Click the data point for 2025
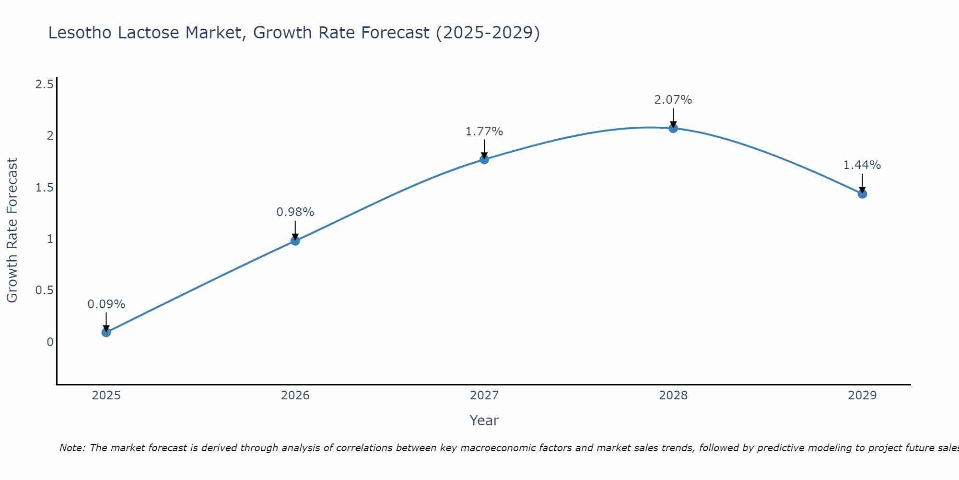point(106,332)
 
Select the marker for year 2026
point(295,240)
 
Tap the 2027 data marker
point(484,159)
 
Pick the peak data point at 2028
point(673,128)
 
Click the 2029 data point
point(862,194)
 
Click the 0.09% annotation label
point(106,304)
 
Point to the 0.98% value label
point(295,212)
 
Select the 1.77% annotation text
point(484,132)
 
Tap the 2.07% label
point(673,100)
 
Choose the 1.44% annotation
point(862,165)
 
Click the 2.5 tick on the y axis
point(45,85)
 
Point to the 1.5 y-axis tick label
point(45,188)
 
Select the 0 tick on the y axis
point(50,342)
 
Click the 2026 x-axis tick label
point(295,396)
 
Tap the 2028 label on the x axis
point(673,396)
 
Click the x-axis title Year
point(484,420)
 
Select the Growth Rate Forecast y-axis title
point(12,230)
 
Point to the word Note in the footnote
point(71,448)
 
